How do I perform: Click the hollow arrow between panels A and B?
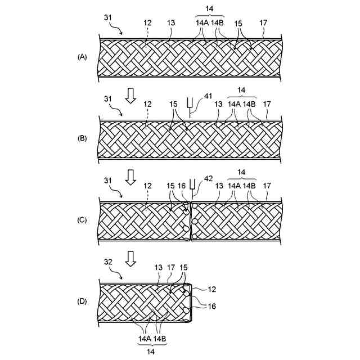coord(130,95)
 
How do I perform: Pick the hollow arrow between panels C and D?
coord(130,258)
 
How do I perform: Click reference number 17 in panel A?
coord(263,23)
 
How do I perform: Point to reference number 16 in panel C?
coord(181,186)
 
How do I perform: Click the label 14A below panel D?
coord(145,339)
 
